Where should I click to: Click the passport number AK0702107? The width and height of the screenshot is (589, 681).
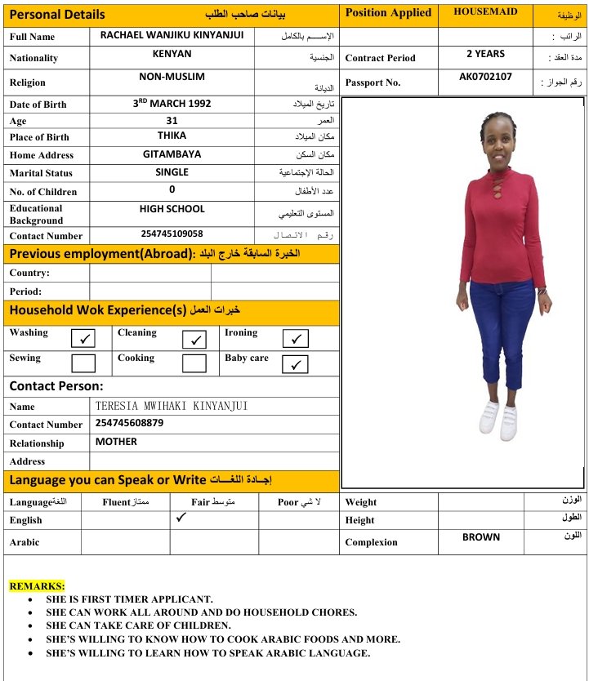click(x=485, y=77)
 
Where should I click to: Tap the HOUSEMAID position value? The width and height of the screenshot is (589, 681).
click(x=485, y=12)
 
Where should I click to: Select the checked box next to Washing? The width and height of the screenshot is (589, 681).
click(x=83, y=338)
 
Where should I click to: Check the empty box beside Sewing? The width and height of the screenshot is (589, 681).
click(x=83, y=363)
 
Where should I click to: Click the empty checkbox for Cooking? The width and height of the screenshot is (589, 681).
click(x=194, y=363)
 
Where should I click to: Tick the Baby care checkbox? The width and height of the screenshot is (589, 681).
click(x=295, y=364)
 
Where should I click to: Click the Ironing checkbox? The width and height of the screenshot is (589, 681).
click(x=295, y=338)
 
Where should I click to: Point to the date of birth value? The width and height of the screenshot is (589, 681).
click(x=172, y=104)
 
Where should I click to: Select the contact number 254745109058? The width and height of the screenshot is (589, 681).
click(x=172, y=234)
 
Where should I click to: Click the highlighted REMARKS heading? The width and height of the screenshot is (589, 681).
click(x=37, y=585)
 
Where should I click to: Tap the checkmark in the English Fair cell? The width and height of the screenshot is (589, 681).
click(x=181, y=517)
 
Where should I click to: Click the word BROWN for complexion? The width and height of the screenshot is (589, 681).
click(x=481, y=537)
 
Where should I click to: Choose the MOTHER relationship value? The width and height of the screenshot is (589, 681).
click(x=116, y=442)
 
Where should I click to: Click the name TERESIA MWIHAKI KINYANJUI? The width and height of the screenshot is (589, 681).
click(x=172, y=406)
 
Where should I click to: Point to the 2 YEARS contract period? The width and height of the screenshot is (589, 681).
click(x=485, y=54)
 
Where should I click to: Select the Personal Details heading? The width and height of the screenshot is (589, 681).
click(x=57, y=14)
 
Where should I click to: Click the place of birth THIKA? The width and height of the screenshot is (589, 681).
click(x=172, y=136)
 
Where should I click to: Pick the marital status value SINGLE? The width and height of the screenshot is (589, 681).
click(x=172, y=172)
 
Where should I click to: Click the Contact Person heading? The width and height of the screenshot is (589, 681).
click(x=56, y=385)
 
